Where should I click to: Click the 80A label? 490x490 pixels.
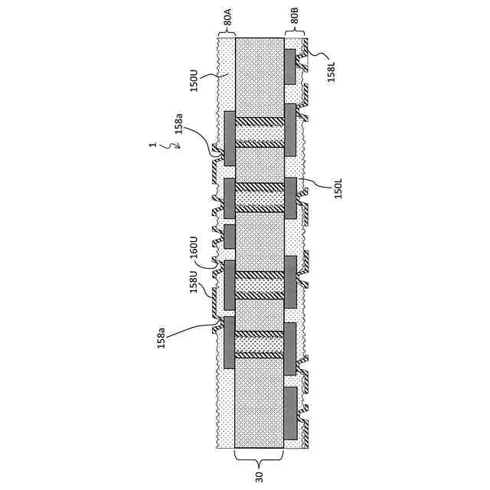pyautogui.click(x=227, y=19)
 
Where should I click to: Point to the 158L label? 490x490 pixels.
pyautogui.click(x=331, y=68)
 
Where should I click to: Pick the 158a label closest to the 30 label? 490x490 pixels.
pyautogui.click(x=162, y=337)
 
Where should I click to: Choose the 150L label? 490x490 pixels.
pyautogui.click(x=338, y=189)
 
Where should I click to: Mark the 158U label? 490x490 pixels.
pyautogui.click(x=194, y=282)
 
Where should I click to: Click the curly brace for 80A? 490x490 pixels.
pyautogui.click(x=227, y=34)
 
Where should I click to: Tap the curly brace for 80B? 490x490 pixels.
pyautogui.click(x=296, y=34)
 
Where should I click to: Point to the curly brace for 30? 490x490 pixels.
pyautogui.click(x=259, y=459)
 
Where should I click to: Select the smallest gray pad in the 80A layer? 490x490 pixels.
pyautogui.click(x=229, y=236)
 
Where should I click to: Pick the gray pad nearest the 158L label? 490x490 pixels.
pyautogui.click(x=290, y=67)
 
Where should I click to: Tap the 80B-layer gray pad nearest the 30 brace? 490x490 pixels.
pyautogui.click(x=290, y=413)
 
